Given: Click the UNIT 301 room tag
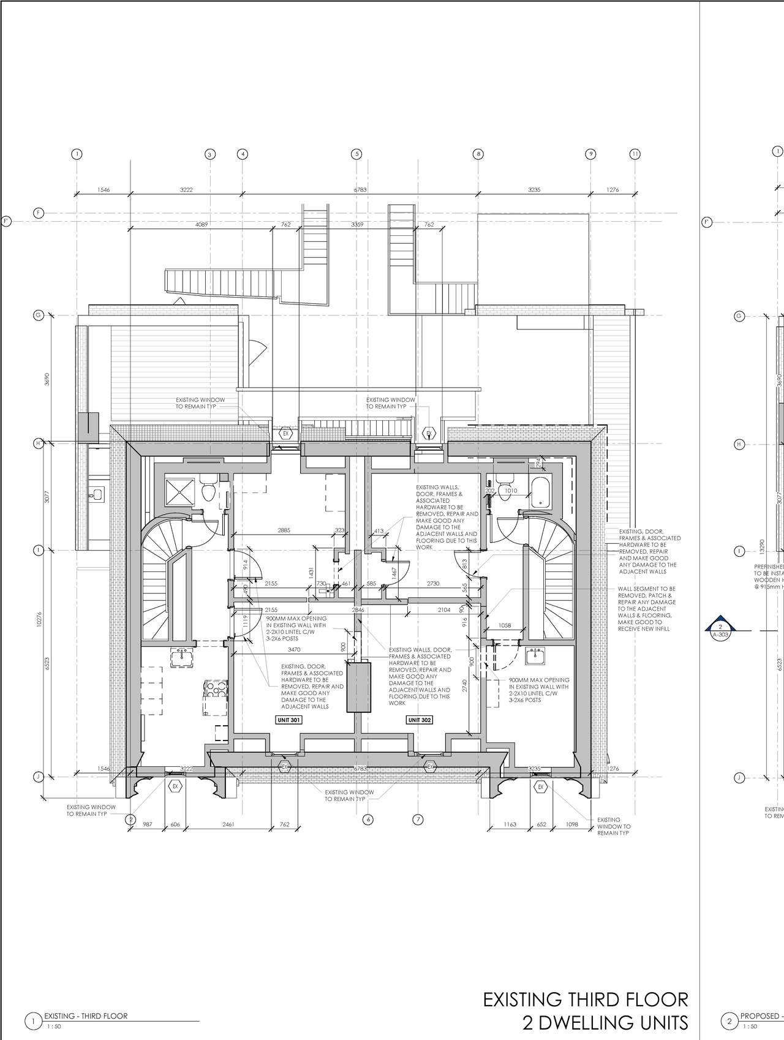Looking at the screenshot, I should (288, 720).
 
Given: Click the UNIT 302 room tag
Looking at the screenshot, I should (419, 720).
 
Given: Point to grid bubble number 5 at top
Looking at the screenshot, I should (356, 154).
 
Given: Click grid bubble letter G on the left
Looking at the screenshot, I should (38, 315).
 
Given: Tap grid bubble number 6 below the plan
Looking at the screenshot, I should (367, 820).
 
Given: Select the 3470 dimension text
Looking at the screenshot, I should (294, 649).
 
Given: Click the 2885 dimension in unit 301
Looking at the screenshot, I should (284, 530).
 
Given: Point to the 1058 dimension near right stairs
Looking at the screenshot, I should (505, 625).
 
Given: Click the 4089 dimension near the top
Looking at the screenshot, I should (202, 225).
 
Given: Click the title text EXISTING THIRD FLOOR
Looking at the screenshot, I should (585, 1000).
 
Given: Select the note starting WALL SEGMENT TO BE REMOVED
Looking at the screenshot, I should (646, 609).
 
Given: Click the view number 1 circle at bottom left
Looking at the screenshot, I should (32, 1020).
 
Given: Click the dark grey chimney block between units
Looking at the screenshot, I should (359, 687).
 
